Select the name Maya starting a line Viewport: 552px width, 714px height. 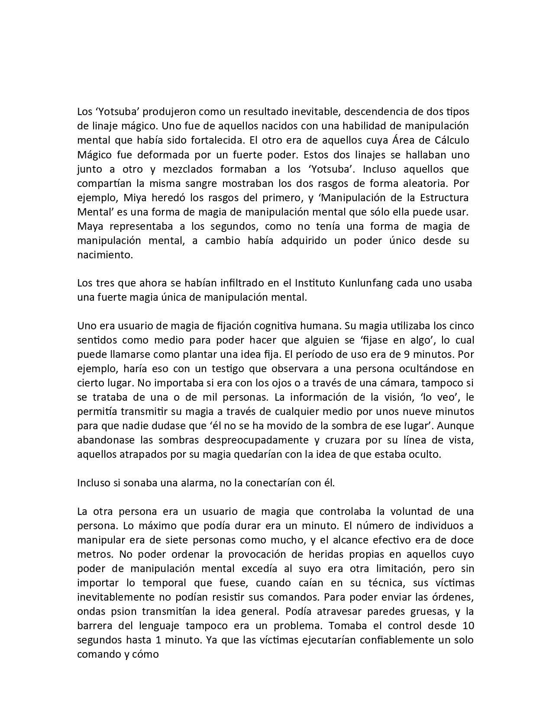89,226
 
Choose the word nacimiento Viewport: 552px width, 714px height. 104,255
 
